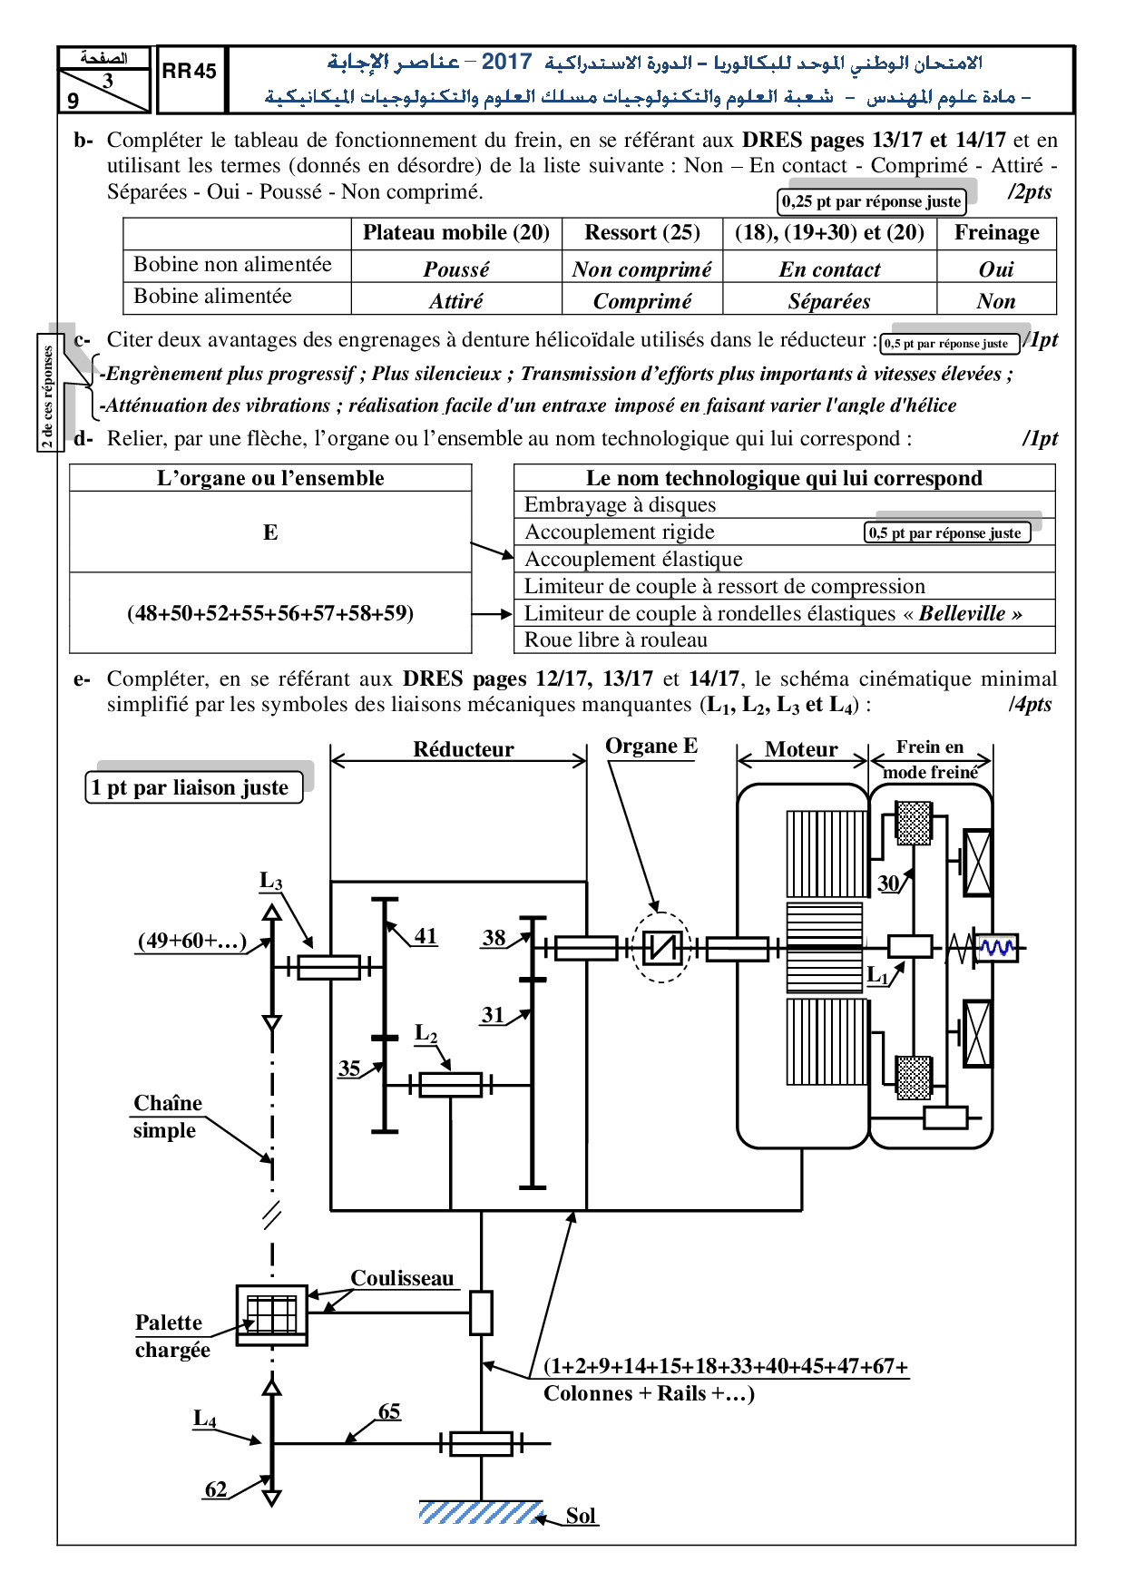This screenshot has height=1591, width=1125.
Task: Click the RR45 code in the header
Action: coord(190,72)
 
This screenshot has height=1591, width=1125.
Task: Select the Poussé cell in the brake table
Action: coord(456,269)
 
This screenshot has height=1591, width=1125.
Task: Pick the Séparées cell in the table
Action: coord(829,301)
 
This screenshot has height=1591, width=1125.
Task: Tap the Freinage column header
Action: coord(996,232)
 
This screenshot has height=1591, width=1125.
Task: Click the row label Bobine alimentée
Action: coord(212,296)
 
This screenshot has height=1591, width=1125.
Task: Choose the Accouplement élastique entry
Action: coord(633,559)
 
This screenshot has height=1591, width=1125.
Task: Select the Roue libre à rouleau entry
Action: coord(616,639)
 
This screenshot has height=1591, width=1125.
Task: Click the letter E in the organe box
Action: coord(270,532)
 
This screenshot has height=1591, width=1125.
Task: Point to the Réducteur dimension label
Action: coord(464,749)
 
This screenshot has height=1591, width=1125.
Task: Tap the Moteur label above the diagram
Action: coord(801,749)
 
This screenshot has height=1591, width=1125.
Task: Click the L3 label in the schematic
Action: coord(270,880)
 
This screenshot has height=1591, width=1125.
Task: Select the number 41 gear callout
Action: coord(426,935)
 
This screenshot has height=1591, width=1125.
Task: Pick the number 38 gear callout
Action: coord(494,937)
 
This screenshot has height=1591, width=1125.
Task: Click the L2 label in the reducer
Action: coord(426,1033)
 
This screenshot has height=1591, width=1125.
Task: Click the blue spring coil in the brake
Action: coord(997,948)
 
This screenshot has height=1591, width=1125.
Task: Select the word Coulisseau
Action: coord(402,1278)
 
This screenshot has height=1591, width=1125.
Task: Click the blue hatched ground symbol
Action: coord(480,1512)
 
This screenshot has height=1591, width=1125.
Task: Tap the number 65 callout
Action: coord(389,1411)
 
